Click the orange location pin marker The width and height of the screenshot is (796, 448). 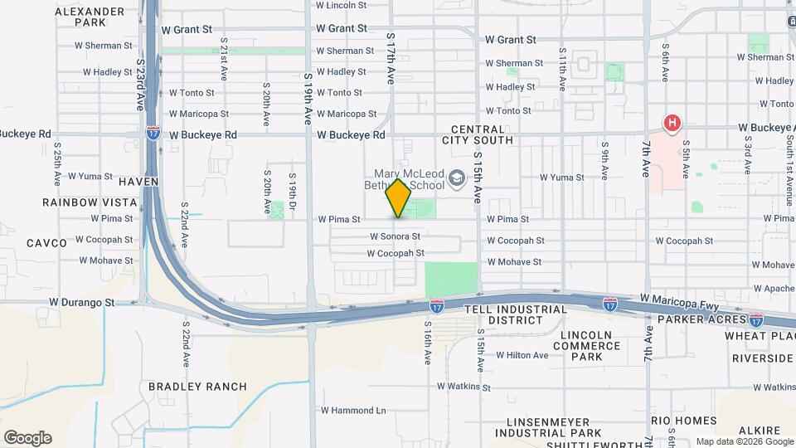pyautogui.click(x=398, y=198)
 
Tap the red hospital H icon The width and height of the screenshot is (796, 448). pyautogui.click(x=672, y=124)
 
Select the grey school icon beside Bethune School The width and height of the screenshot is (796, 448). pyautogui.click(x=456, y=179)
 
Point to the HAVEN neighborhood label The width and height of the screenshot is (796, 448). pyautogui.click(x=138, y=181)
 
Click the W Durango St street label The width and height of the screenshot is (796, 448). pyautogui.click(x=81, y=303)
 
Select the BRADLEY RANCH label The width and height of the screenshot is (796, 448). pyautogui.click(x=197, y=386)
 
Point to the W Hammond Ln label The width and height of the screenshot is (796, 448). pyautogui.click(x=353, y=410)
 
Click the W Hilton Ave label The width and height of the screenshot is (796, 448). pyautogui.click(x=522, y=355)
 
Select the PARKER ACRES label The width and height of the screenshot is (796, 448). pyautogui.click(x=697, y=319)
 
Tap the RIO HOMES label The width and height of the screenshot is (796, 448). pyautogui.click(x=683, y=421)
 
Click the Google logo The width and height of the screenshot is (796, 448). pyautogui.click(x=27, y=438)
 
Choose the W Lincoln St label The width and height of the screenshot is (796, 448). pyautogui.click(x=342, y=5)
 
